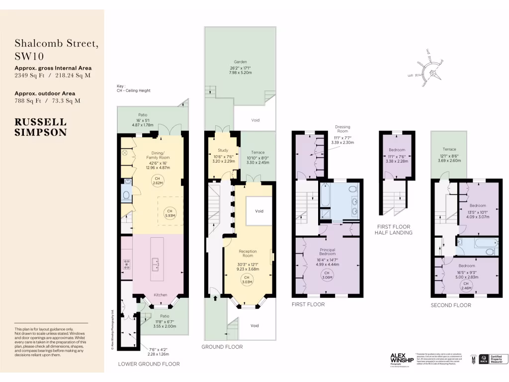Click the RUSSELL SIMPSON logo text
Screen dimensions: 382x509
point(40,127)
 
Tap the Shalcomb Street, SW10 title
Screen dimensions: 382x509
point(56,50)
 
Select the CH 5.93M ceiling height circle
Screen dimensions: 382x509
point(170,213)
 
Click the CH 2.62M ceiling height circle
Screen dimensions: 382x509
point(157,181)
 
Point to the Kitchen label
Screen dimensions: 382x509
point(160,294)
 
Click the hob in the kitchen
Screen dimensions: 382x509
point(126,264)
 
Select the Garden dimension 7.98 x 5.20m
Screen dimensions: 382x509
point(240,73)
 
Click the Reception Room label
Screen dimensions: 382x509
point(248,254)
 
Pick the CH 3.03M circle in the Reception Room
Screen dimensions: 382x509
point(247,280)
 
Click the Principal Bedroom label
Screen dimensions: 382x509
point(328,252)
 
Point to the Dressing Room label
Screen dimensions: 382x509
point(342,129)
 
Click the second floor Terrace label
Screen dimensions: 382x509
point(449,149)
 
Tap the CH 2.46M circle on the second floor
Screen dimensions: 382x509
point(466,285)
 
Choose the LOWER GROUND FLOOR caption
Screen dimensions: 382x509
point(149,364)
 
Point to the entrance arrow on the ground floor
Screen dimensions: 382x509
point(215,298)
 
